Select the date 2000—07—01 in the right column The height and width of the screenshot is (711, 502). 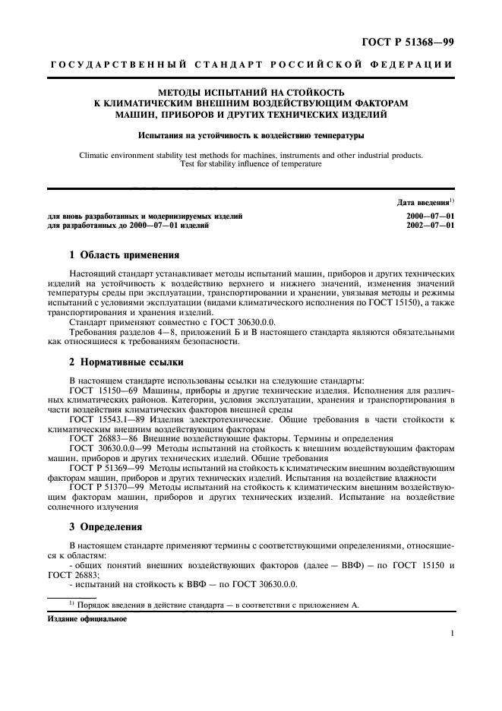(x=431, y=216)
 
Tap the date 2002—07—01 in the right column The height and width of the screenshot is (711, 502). (x=431, y=226)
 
